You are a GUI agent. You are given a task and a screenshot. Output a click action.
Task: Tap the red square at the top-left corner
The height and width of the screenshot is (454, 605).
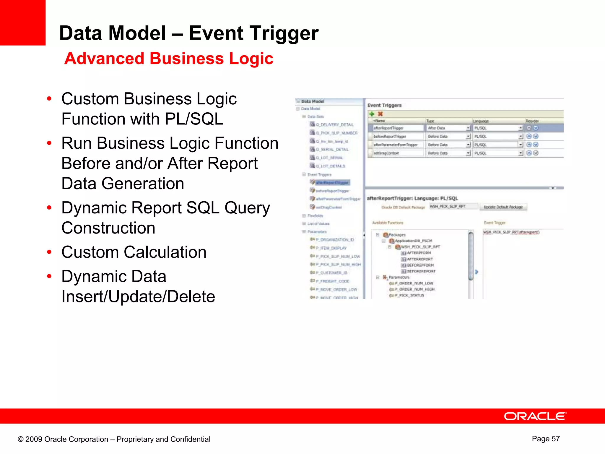pos(22,22)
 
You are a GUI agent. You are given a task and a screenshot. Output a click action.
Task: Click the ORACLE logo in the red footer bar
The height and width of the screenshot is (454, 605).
pos(535,416)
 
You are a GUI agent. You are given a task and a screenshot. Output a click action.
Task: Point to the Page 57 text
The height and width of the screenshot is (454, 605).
pos(546,439)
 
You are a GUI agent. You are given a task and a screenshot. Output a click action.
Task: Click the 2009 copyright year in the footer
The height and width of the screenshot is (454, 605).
pos(34,439)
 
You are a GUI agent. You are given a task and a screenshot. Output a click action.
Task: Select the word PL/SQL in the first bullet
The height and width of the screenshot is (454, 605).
pos(194,119)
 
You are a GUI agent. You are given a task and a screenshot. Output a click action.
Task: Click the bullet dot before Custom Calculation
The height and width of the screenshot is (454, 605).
pos(49,252)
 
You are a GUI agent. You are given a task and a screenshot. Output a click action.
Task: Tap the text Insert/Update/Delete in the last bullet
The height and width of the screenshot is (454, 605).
pos(138,297)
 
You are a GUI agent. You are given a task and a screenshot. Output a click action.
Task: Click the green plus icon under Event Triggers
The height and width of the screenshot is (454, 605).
pos(372,114)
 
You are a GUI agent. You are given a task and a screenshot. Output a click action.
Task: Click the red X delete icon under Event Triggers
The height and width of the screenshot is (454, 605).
pos(380,114)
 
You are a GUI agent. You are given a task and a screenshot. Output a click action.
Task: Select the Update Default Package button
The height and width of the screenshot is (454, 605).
pos(503,207)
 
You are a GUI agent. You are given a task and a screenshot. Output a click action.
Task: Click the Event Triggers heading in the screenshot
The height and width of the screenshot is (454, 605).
pos(384,105)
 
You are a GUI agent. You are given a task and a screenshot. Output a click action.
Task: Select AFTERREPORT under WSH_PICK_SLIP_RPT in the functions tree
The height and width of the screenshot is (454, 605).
pos(419,259)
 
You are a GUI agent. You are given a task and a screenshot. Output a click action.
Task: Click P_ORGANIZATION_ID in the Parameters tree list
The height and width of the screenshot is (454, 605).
pos(337,240)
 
